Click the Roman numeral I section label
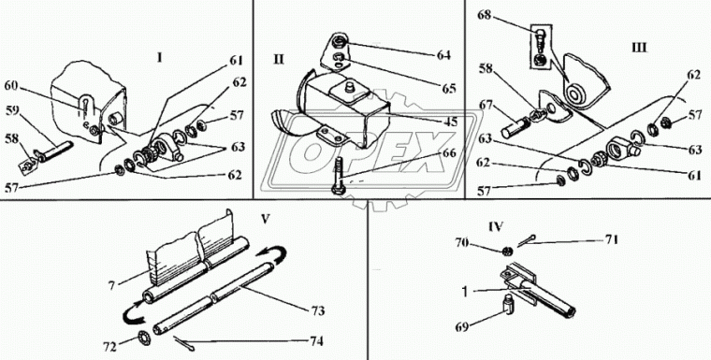pos(159,58)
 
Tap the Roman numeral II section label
pos(279,60)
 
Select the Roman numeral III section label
pos(639,48)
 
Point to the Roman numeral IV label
pos(496,226)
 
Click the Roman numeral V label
pos(267,219)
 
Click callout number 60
pos(12,85)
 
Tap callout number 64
pos(443,55)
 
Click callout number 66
pos(448,153)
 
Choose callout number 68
pos(485,16)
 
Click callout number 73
pos(317,310)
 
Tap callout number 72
pos(109,347)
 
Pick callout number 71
pos(611,240)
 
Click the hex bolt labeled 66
pos(339,176)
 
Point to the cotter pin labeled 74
pos(182,343)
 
